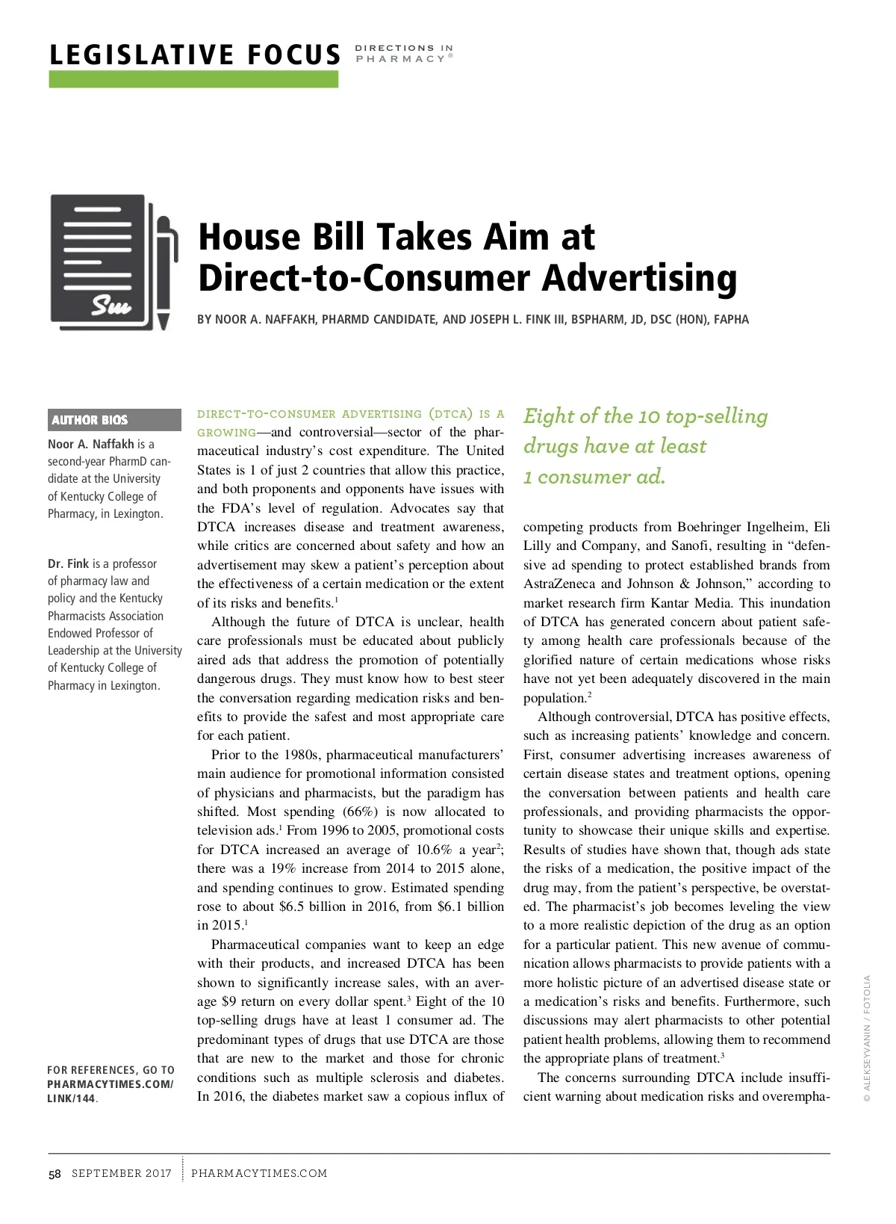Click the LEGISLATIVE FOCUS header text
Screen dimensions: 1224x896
[x=194, y=55]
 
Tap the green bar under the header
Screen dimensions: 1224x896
[x=193, y=79]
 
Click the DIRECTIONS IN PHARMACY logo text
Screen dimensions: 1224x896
[x=403, y=53]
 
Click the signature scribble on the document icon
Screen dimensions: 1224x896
[x=111, y=305]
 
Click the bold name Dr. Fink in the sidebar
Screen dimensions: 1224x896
[x=68, y=563]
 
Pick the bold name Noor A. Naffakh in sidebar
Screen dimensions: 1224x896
[x=90, y=444]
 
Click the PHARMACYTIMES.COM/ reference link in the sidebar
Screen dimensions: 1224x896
[x=110, y=1084]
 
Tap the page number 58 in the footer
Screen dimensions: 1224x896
[x=55, y=1173]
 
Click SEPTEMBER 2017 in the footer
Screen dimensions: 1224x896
[x=122, y=1173]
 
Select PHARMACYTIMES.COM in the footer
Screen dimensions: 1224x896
[x=259, y=1173]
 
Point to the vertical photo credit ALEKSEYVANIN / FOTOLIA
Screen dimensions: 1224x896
[x=867, y=1038]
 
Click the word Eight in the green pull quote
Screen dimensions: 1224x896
[x=549, y=416]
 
